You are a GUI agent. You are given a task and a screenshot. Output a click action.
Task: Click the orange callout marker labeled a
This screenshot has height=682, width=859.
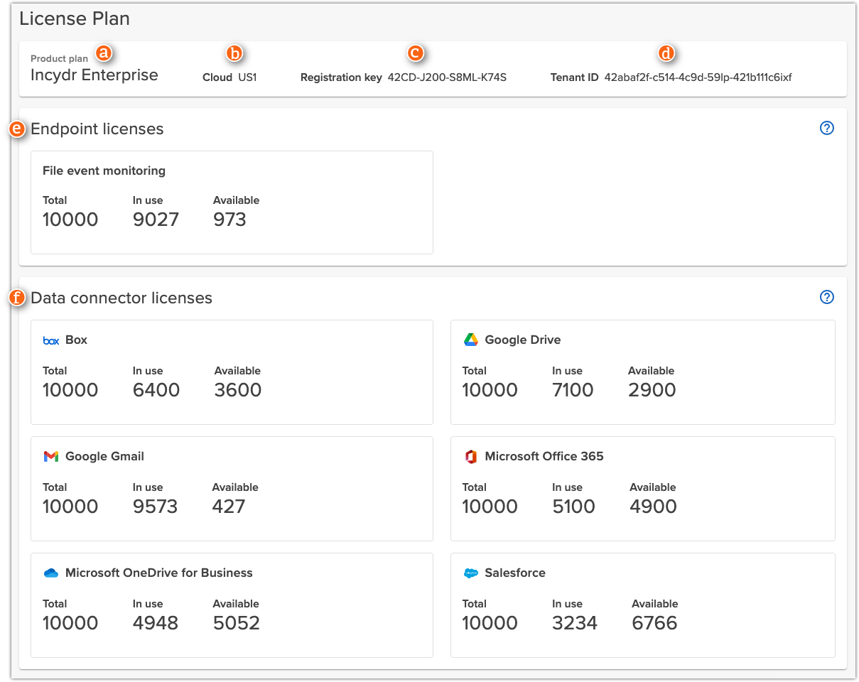pos(104,53)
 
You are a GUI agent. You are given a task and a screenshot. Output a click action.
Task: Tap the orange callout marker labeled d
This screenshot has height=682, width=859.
pos(666,53)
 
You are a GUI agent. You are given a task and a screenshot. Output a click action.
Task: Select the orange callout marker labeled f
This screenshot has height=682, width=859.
pos(17,298)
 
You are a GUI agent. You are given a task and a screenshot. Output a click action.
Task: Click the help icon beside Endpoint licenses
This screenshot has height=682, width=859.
pos(826,129)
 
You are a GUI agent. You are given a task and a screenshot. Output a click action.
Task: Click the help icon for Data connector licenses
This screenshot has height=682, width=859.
pos(826,298)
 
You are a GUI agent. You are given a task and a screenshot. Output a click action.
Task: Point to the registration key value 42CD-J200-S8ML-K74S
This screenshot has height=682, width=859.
pos(447,77)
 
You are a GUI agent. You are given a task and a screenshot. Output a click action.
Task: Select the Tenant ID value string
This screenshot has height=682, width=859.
pos(698,77)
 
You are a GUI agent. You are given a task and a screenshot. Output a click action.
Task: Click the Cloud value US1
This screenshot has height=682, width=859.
pos(247,77)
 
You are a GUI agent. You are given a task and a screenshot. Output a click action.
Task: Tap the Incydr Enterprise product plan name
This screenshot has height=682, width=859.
pos(94,75)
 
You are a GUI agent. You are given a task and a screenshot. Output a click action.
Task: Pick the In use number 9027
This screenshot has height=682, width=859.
pos(156,220)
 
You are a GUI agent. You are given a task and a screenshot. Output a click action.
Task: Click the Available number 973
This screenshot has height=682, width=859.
pos(229,220)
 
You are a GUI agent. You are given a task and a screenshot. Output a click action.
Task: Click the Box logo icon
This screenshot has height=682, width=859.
pos(51,340)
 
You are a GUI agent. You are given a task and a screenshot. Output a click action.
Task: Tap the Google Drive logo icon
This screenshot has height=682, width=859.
pos(470,340)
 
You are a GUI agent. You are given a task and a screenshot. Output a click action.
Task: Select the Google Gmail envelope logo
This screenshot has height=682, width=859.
pos(51,456)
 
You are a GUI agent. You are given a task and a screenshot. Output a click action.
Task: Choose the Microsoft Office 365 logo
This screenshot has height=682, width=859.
pos(470,456)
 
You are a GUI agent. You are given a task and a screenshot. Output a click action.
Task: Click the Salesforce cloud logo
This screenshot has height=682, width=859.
pos(470,573)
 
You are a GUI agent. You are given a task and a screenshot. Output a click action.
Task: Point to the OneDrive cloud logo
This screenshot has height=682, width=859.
pos(51,573)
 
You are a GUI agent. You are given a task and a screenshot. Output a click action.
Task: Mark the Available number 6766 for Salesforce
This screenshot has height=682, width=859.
pos(654,623)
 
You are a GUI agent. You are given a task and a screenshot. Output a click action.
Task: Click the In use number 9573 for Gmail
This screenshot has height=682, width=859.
pos(155,507)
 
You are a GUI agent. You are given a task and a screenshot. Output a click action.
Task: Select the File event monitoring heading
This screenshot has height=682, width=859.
pos(104,170)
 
